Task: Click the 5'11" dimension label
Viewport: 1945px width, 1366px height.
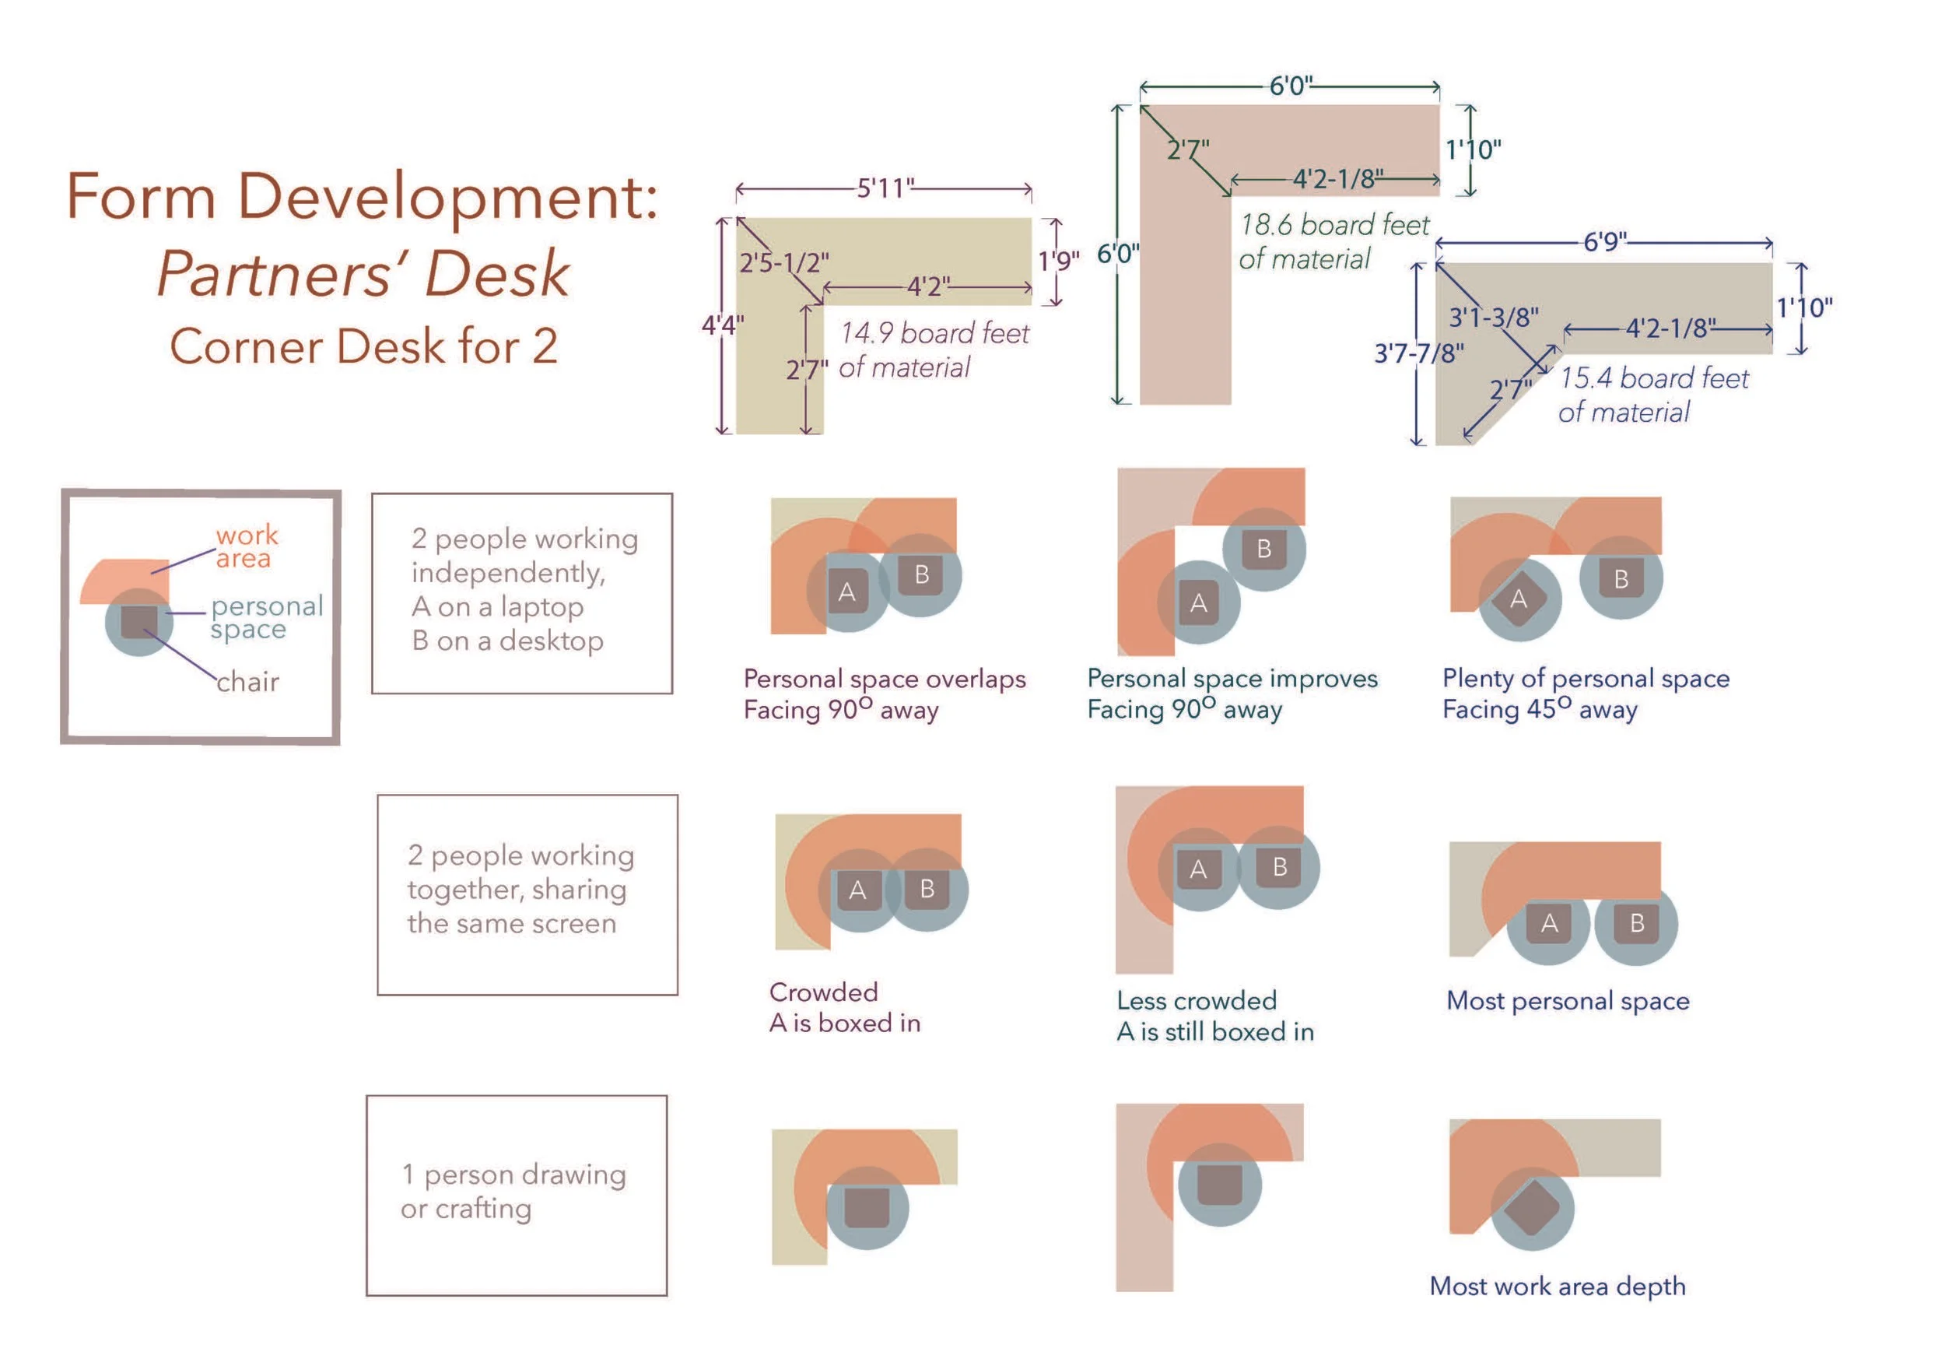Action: tap(885, 188)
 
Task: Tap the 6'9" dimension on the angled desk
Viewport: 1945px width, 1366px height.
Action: tap(1604, 241)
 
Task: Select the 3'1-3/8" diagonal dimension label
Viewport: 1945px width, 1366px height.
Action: tap(1494, 317)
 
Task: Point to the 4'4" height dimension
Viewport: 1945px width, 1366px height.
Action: tap(723, 325)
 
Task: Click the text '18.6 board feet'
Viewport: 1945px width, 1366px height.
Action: tap(1334, 225)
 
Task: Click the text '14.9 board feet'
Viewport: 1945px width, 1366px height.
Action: tap(934, 333)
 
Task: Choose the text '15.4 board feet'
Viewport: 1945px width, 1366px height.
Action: tap(1653, 378)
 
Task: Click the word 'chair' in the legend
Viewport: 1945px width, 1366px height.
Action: tap(247, 682)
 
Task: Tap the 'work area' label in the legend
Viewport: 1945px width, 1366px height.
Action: tap(247, 546)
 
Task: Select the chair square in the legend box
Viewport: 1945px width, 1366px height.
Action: tap(139, 621)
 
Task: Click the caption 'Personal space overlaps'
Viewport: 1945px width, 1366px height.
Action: tap(885, 679)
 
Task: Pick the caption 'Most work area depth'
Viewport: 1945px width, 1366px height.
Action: tap(1557, 1287)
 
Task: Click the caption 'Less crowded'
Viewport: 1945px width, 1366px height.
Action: tap(1196, 1001)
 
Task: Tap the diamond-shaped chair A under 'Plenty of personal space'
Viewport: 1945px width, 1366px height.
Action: tap(1518, 599)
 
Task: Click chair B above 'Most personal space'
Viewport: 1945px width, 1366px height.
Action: tap(1637, 923)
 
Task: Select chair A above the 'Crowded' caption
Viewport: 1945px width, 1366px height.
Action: tap(857, 890)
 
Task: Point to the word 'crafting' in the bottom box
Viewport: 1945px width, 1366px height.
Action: tap(483, 1208)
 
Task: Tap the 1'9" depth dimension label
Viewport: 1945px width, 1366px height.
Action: tap(1058, 261)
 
